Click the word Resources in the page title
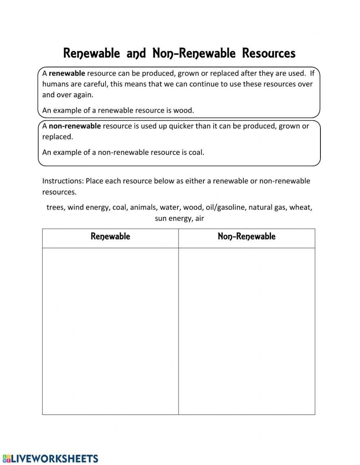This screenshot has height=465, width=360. pyautogui.click(x=269, y=53)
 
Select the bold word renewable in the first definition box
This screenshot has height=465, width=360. pyautogui.click(x=67, y=73)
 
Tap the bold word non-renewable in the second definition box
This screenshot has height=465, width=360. pyautogui.click(x=75, y=126)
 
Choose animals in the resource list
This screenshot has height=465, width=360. pyautogui.click(x=143, y=207)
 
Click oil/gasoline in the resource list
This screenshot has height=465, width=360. pyautogui.click(x=225, y=207)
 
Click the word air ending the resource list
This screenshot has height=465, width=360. pyautogui.click(x=199, y=218)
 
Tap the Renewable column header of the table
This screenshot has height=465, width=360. pyautogui.click(x=110, y=237)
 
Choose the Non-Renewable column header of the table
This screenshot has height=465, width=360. pyautogui.click(x=247, y=237)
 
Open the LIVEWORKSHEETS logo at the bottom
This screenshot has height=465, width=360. pyautogui.click(x=51, y=458)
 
